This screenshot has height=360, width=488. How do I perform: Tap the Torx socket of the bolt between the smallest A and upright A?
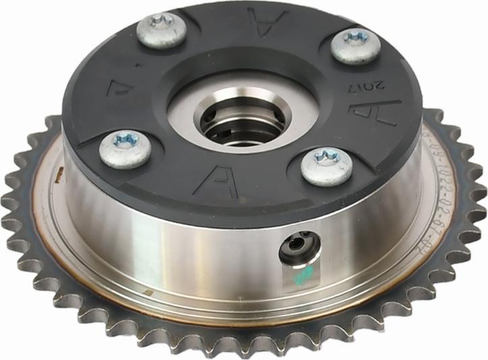pos(126,140)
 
